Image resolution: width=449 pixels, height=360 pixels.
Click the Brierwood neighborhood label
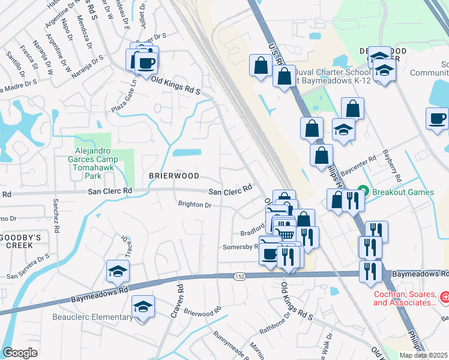pos(173,176)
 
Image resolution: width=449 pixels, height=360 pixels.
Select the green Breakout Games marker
pos(362,192)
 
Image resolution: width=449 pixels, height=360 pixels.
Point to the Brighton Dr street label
pos(195,205)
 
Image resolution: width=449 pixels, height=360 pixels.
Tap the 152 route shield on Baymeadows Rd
pos(239,276)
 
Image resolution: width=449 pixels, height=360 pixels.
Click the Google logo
pos(20,353)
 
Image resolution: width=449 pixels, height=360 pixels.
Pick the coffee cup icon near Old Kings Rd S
pos(146,62)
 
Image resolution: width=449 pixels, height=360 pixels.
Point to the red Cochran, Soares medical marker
pos(445,297)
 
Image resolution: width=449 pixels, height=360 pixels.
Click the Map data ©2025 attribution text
pos(423,355)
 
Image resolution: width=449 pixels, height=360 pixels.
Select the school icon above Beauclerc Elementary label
pos(143,307)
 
